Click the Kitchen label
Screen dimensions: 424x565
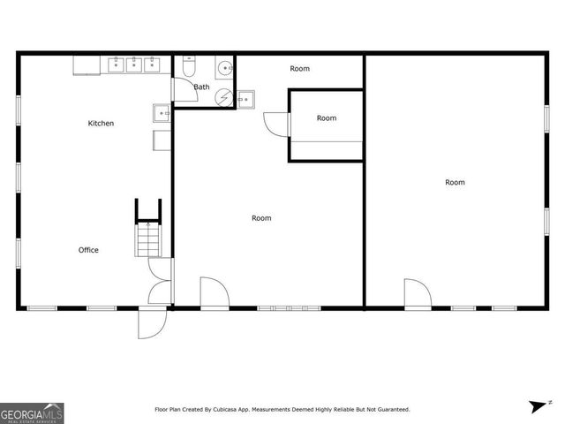pos(101,124)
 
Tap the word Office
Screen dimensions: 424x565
pos(88,250)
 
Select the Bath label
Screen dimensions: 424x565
pos(202,87)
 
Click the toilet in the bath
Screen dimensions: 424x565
pos(188,68)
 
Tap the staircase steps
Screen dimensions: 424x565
pos(148,239)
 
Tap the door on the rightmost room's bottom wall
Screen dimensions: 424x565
pos(417,294)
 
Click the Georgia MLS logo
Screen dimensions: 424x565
pos(32,413)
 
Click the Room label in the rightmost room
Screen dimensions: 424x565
pos(455,183)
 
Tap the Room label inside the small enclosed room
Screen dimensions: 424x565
pos(327,118)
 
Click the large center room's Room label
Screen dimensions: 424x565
pos(261,218)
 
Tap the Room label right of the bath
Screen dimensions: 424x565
pos(300,69)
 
